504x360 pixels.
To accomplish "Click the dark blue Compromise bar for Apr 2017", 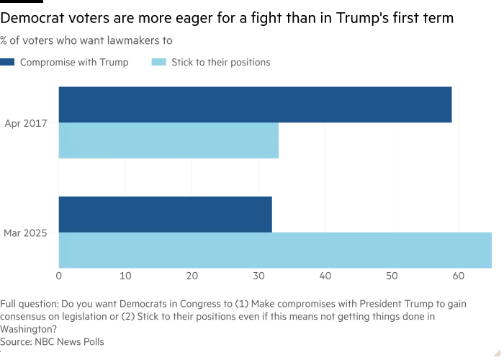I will tap(255, 105).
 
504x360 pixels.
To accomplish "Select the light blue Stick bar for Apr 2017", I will tap(168, 141).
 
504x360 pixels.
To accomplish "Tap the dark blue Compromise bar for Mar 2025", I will tap(165, 214).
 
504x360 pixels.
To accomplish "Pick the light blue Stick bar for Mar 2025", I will tap(275, 250).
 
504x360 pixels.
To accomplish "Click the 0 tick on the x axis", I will tap(58, 276).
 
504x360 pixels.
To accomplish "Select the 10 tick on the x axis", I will tap(125, 276).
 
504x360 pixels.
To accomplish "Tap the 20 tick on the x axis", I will tap(192, 276).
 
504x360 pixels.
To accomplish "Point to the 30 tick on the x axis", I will tap(258, 276).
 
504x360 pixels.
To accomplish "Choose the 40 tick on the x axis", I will tap(325, 276).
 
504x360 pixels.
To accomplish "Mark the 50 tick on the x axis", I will tap(392, 276).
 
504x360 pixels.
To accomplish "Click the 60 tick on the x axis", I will tap(458, 276).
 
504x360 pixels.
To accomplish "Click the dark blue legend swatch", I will tap(6, 63).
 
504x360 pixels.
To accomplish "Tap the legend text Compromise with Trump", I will tap(74, 63).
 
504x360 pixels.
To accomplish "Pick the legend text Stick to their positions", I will tap(221, 63).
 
